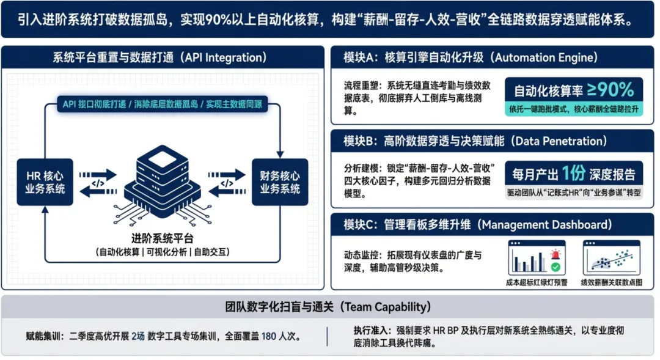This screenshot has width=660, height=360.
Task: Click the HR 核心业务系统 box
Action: [45, 182]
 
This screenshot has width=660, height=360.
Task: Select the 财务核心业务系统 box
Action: [280, 182]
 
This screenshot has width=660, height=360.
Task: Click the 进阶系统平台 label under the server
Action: [162, 238]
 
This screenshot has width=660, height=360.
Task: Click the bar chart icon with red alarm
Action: [537, 257]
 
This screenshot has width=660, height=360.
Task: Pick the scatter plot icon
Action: [610, 257]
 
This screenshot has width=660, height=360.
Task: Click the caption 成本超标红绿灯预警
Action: [537, 282]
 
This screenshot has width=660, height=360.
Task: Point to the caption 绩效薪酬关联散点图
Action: [610, 282]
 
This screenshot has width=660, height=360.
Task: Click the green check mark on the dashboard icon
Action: [555, 267]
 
